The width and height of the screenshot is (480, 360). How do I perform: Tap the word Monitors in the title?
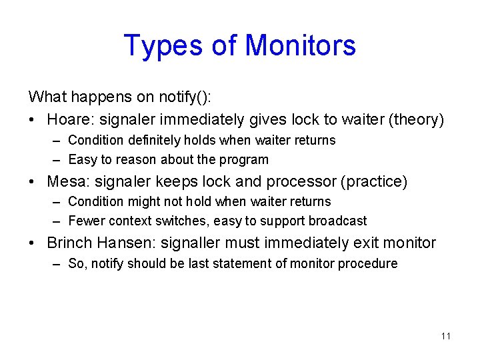(x=300, y=45)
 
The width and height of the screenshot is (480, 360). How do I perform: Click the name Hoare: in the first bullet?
(x=70, y=119)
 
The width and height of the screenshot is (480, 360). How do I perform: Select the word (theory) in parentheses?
(x=417, y=119)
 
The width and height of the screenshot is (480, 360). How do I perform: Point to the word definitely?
(x=147, y=141)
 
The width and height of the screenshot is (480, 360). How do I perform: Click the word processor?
(x=297, y=181)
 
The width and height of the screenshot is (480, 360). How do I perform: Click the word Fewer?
(x=83, y=221)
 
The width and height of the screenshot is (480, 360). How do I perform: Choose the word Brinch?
(x=69, y=243)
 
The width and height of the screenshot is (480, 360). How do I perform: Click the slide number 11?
(x=446, y=336)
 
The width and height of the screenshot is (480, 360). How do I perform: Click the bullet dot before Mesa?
(x=34, y=182)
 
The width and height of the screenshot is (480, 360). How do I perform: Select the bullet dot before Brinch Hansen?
(x=34, y=243)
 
